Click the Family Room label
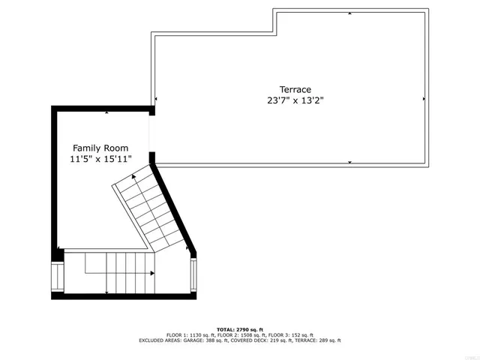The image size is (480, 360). (x=100, y=148)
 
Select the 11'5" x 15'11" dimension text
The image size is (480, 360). (x=100, y=159)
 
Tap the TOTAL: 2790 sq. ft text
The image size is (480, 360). (x=239, y=329)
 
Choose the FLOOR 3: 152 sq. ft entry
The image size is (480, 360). (x=291, y=334)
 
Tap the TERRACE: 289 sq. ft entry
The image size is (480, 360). (x=319, y=340)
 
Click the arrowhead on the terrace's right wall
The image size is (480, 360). (x=424, y=99)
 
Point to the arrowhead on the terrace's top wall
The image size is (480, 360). (x=349, y=13)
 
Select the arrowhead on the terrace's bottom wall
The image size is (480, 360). (x=349, y=161)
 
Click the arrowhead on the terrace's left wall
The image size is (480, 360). (x=156, y=99)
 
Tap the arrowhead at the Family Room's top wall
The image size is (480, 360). (x=106, y=112)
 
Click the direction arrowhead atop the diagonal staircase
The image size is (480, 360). (x=134, y=177)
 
